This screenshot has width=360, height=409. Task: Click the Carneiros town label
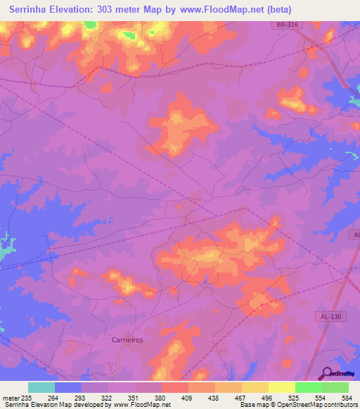click(127, 339)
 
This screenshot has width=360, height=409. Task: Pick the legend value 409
click(187, 398)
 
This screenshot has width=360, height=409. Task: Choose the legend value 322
click(106, 398)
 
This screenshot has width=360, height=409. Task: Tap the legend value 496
click(266, 398)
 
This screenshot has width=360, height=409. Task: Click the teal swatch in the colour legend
click(41, 387)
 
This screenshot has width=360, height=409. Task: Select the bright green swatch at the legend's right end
click(335, 387)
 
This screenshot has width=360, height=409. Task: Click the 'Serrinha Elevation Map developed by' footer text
click(55, 405)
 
